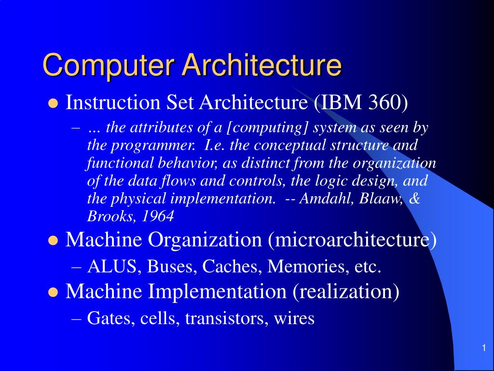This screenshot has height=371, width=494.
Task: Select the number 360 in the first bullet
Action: pos(388,102)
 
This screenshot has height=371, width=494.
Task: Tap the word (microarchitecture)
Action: pos(352,240)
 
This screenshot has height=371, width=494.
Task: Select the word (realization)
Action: pos(344,292)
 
